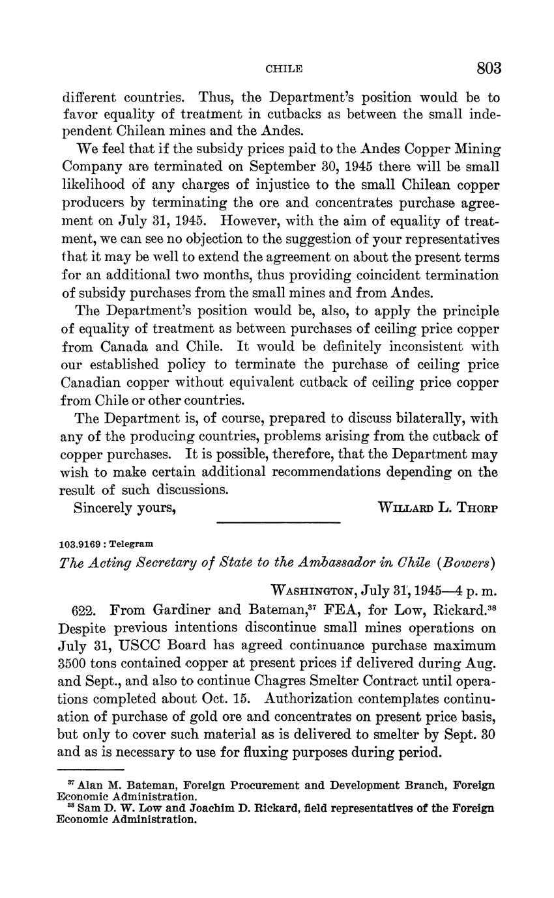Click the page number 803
coord(488,68)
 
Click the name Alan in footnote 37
coord(91,785)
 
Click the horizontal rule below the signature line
coord(278,522)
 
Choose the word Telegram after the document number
coord(136,543)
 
